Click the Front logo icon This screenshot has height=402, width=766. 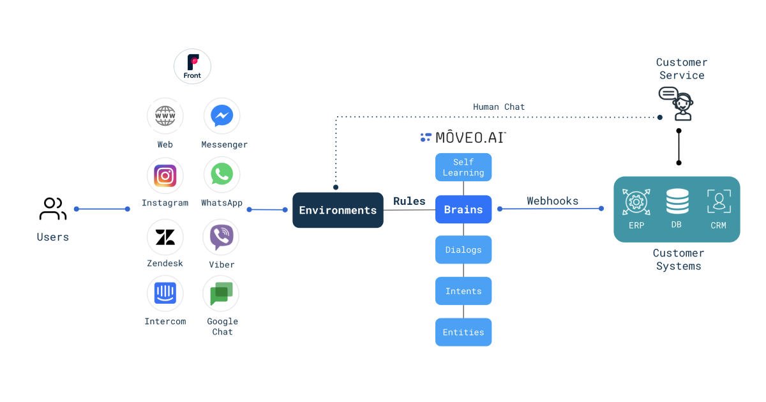(192, 66)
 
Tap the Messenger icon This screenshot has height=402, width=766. (222, 116)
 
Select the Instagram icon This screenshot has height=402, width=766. (165, 175)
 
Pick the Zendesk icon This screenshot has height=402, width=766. (165, 237)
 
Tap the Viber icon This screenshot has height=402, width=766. (222, 237)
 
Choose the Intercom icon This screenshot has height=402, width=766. (165, 294)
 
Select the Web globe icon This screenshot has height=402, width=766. (165, 116)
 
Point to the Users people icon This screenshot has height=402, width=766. (52, 209)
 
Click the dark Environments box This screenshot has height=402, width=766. (338, 210)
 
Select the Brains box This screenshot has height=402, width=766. (463, 209)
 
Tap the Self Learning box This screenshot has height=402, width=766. (463, 167)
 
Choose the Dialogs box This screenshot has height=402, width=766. (463, 249)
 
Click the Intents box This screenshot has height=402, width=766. (463, 291)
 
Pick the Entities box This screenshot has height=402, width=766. (463, 332)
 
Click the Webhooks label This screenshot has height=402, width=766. (552, 201)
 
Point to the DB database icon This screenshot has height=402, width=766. (677, 202)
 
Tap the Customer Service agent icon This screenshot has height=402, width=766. (677, 103)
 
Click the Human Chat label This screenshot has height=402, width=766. (499, 107)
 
